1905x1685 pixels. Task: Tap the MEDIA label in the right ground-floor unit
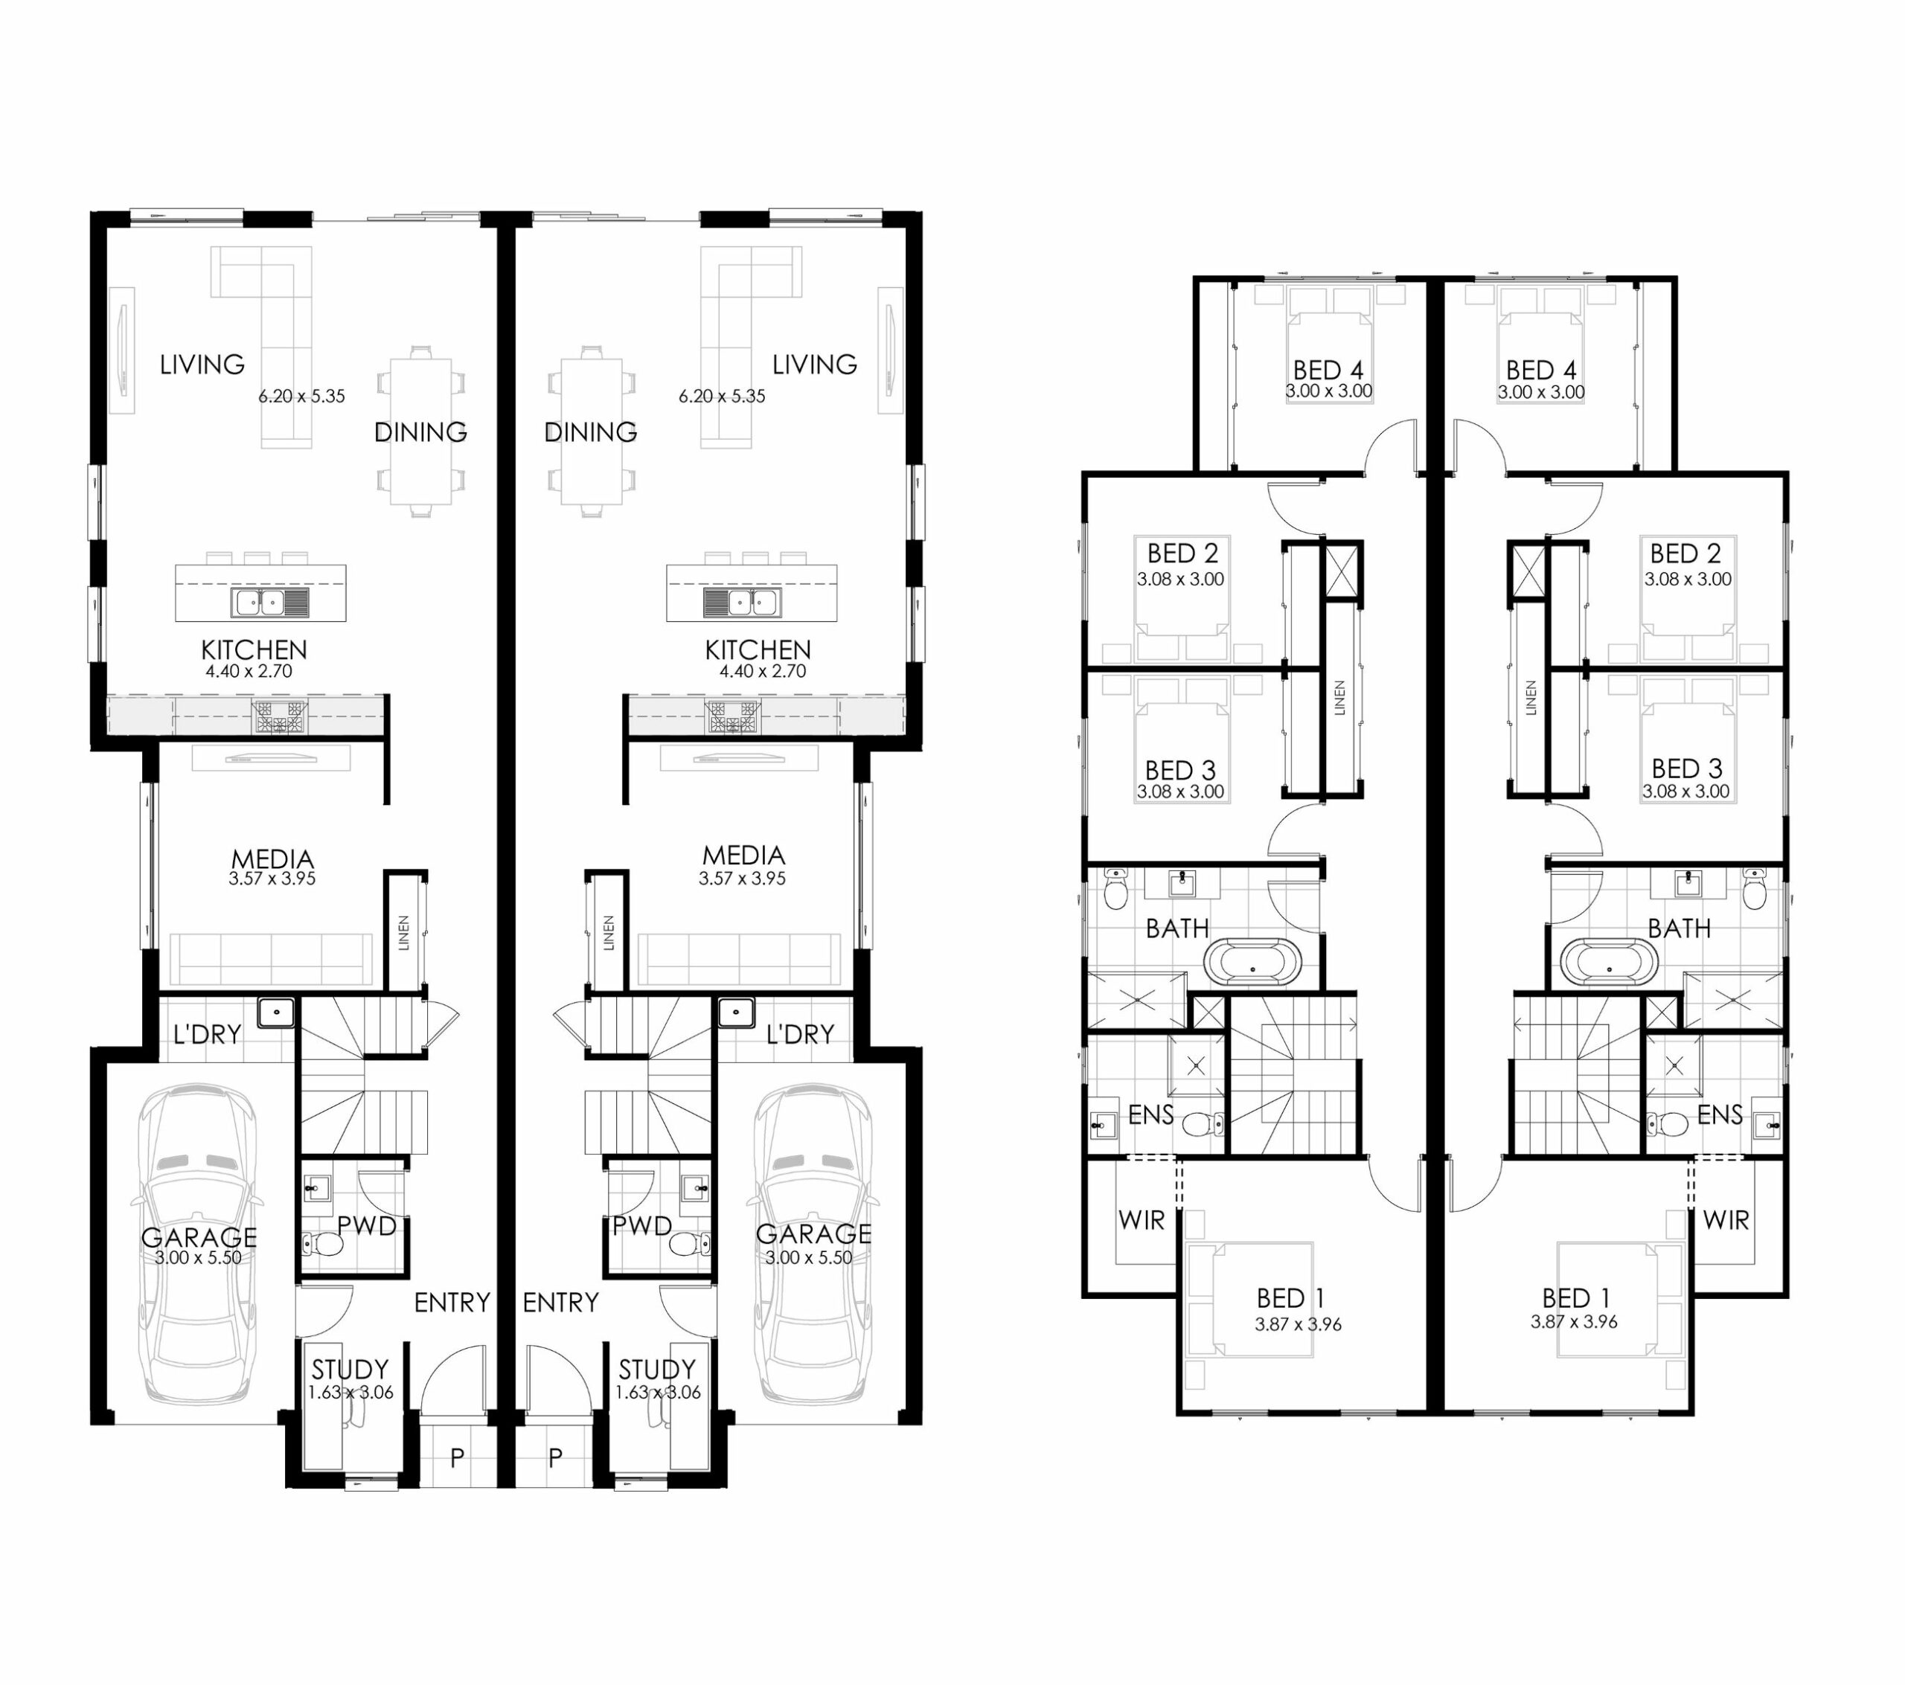pos(743,855)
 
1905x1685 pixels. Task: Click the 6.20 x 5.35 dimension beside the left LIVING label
pos(302,396)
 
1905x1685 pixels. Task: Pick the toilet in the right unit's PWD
pos(691,1243)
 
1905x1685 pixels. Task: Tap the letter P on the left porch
pos(457,1457)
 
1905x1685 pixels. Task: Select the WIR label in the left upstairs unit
pos(1141,1219)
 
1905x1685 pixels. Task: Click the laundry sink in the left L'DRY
pos(276,1012)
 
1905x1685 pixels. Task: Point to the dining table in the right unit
pos(591,431)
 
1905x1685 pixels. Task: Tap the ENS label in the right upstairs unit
pos(1720,1114)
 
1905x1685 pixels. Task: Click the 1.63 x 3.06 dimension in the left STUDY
pos(350,1393)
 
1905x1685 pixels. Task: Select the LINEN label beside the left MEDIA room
pos(403,932)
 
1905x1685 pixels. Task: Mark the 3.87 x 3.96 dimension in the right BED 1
pos(1574,1321)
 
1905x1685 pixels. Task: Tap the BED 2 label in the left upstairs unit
pos(1182,553)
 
